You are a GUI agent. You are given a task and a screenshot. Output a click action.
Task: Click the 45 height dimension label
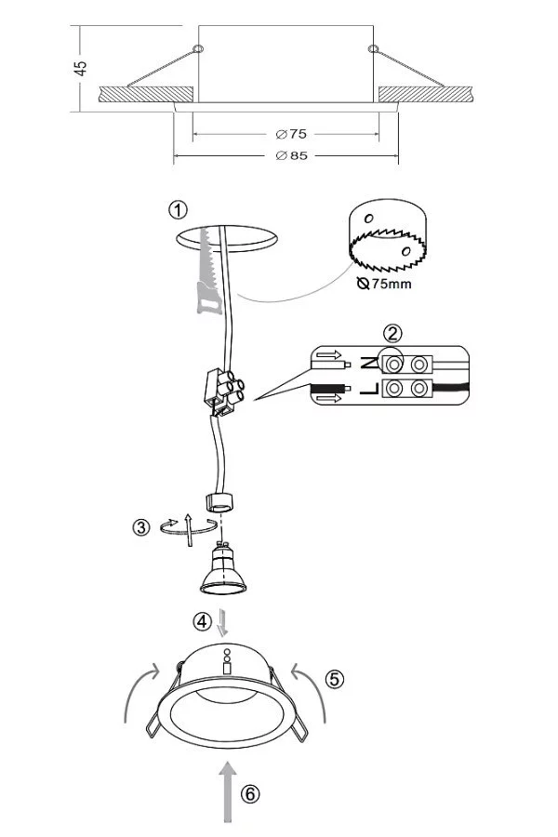[x=80, y=68]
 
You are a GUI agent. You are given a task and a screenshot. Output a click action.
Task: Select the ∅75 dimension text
[x=291, y=133]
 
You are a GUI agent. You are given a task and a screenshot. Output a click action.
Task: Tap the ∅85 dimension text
[x=291, y=155]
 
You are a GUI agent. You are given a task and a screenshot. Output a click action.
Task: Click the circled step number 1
[x=179, y=209]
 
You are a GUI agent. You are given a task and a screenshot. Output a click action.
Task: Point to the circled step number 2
[x=393, y=334]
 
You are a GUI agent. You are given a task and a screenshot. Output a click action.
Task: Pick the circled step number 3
[x=141, y=527]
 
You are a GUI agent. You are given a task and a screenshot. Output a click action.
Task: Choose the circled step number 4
[x=203, y=621]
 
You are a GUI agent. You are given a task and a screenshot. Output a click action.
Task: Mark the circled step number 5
[x=335, y=679]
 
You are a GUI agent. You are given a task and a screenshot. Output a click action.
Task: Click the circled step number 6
[x=250, y=794]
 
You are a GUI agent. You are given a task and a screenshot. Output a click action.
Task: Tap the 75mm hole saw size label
[x=384, y=284]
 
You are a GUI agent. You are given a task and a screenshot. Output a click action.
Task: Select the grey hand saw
[x=208, y=272]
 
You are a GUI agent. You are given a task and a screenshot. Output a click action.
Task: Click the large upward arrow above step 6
[x=228, y=791]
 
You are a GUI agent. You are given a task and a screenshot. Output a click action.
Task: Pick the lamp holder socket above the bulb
[x=219, y=502]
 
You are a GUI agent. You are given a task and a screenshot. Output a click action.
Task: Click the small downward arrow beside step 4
[x=222, y=622]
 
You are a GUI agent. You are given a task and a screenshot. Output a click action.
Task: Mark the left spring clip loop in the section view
[x=198, y=48]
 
